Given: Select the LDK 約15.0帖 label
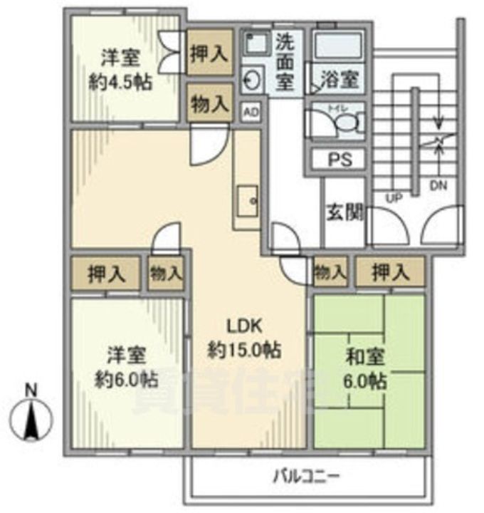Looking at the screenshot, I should tap(245, 338).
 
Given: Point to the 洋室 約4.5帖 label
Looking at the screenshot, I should tap(120, 69).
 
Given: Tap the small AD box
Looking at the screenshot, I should tap(251, 112).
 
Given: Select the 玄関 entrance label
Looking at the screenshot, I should tap(345, 212).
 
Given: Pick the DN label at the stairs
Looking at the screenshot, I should tap(438, 187).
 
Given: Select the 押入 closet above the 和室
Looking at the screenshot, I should tap(391, 272).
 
